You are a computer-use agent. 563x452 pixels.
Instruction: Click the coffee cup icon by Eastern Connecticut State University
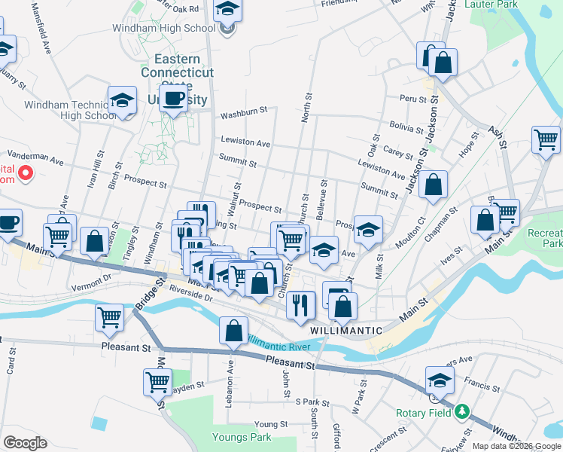[x=174, y=99]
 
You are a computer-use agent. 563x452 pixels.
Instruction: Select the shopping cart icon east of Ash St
[x=546, y=139]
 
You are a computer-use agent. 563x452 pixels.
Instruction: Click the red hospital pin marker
[x=26, y=174]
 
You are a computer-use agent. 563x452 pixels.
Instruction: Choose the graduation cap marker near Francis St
[x=440, y=380]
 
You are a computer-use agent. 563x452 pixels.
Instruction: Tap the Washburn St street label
[x=244, y=116]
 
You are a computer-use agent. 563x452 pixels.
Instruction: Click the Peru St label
[x=408, y=99]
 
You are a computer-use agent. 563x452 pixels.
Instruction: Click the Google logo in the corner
[x=25, y=443]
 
